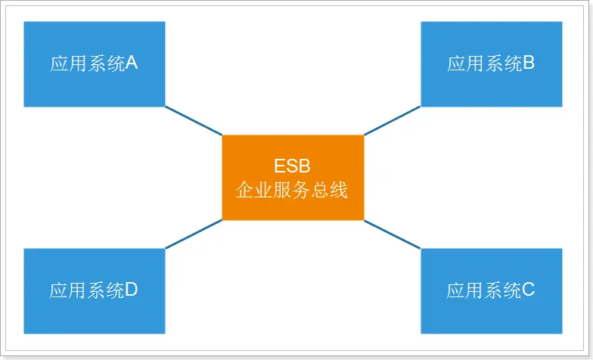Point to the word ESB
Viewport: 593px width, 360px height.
pyautogui.click(x=292, y=166)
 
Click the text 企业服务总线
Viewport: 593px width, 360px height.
pyautogui.click(x=292, y=190)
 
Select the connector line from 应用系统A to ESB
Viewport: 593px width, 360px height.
pyautogui.click(x=194, y=121)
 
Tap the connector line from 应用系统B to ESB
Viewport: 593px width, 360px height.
pyautogui.click(x=392, y=121)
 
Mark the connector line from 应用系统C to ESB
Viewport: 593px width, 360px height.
pyautogui.click(x=392, y=234)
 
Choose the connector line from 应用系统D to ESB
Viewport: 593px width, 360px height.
pyautogui.click(x=194, y=234)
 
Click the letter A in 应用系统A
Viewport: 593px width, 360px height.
pyautogui.click(x=132, y=64)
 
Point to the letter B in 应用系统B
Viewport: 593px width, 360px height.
pyautogui.click(x=529, y=64)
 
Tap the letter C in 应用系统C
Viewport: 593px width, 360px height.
pyautogui.click(x=529, y=290)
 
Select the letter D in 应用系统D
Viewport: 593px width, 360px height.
pyautogui.click(x=132, y=290)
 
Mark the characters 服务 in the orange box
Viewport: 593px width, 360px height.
pyautogui.click(x=292, y=190)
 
